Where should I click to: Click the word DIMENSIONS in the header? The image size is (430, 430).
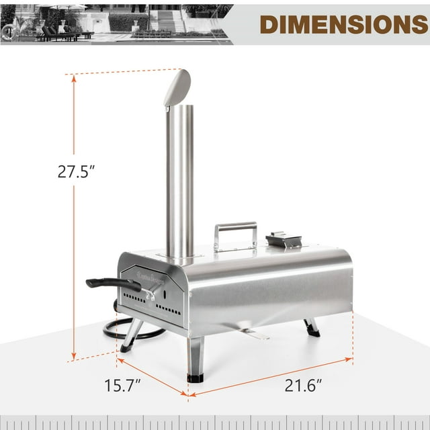click(x=343, y=23)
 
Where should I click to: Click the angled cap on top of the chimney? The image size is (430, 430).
click(x=177, y=87)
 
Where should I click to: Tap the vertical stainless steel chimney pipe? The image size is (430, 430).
click(x=180, y=181)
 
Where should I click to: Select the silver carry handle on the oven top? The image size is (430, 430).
click(x=235, y=236)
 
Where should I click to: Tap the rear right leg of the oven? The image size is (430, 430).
click(x=311, y=327)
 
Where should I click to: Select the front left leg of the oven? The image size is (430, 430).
click(x=131, y=336)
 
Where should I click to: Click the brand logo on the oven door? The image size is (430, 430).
click(x=138, y=273)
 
